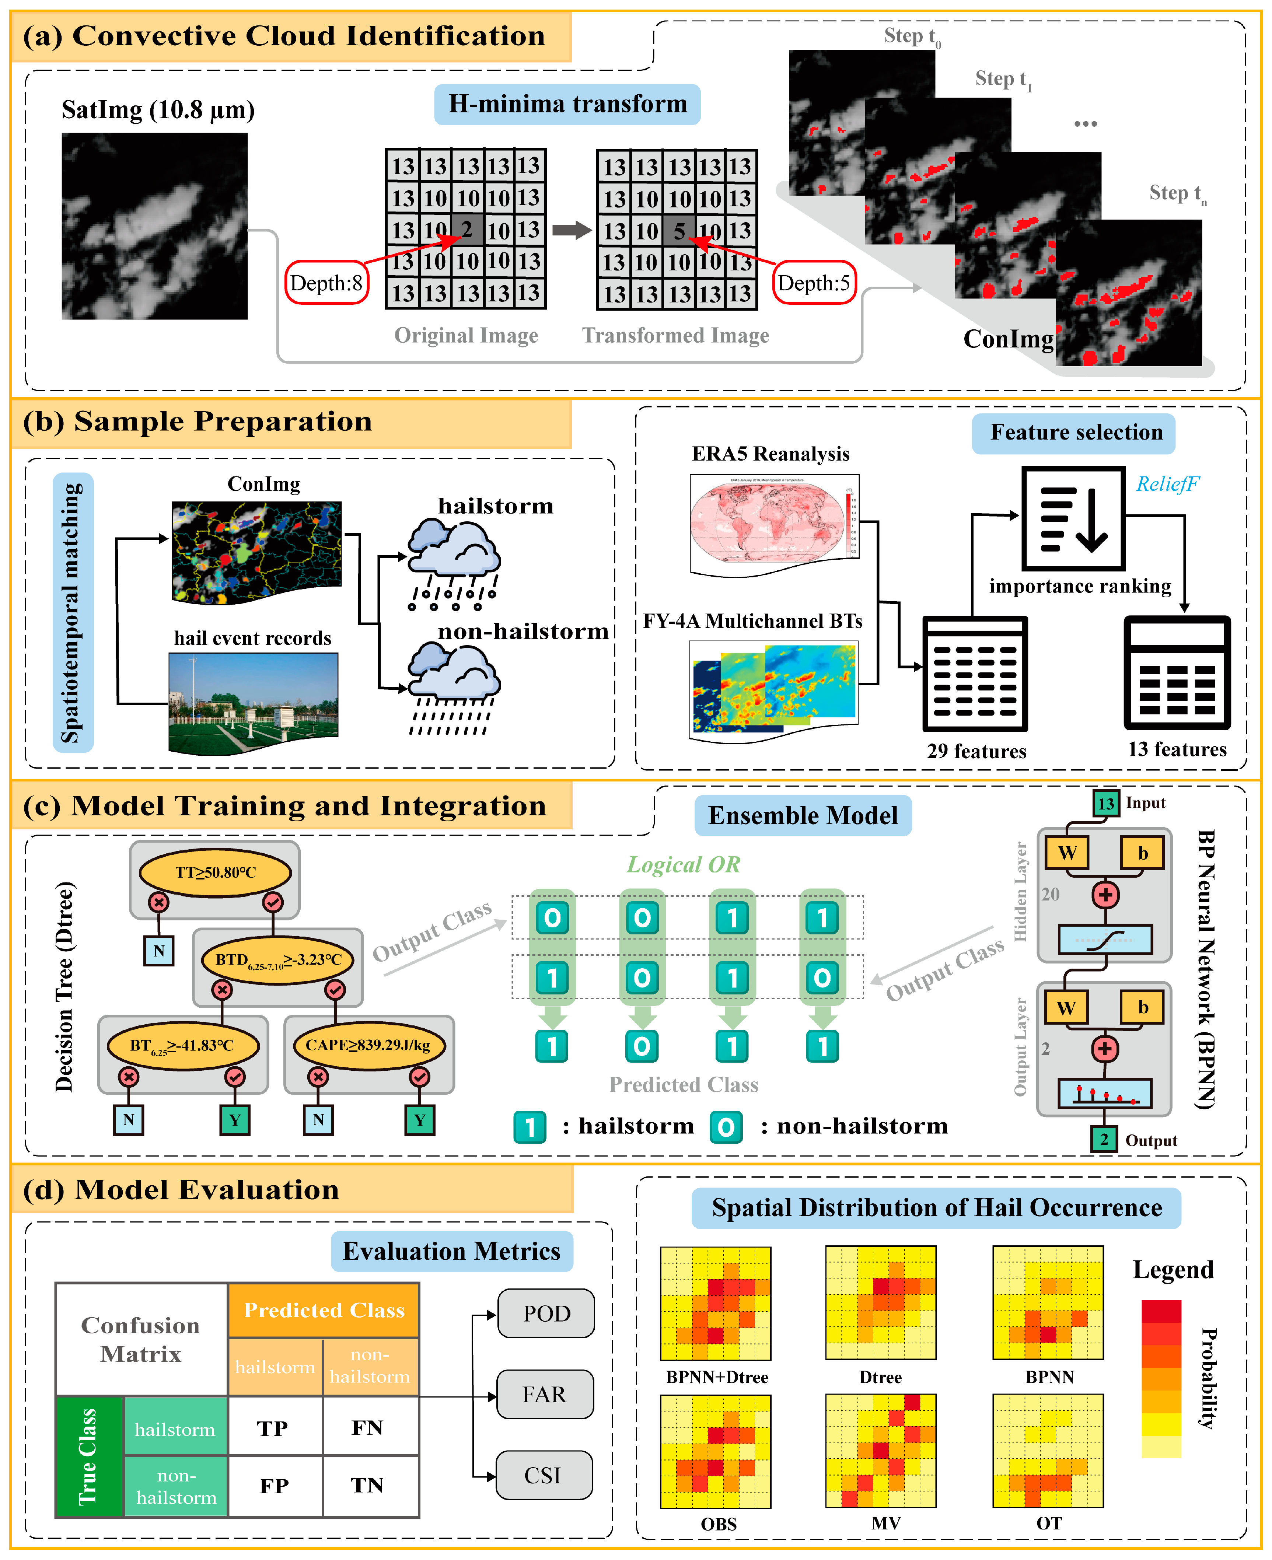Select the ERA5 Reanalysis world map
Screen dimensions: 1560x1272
774,524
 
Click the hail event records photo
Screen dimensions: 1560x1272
254,702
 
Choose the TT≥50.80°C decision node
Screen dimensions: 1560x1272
216,872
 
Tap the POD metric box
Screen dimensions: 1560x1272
546,1313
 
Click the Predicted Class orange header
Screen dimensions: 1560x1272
324,1310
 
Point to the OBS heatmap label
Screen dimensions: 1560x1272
718,1524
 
